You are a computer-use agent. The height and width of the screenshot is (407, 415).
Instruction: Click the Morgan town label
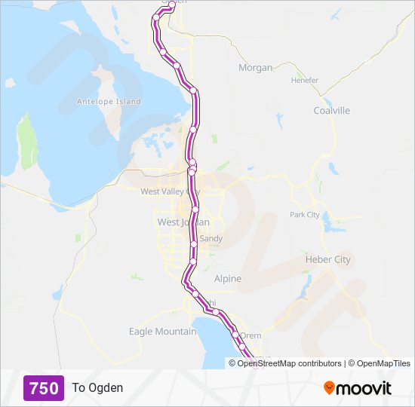[x=255, y=68]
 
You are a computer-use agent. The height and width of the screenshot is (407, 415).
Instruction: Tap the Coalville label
[x=332, y=111]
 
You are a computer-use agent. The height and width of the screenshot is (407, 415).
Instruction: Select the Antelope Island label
[x=109, y=101]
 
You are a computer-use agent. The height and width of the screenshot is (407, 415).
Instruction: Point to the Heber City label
[x=327, y=259]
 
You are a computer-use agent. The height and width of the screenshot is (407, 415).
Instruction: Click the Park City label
[x=305, y=215]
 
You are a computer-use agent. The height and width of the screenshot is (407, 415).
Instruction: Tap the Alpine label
[x=228, y=279]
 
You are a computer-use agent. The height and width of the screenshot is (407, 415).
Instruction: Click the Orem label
[x=251, y=336]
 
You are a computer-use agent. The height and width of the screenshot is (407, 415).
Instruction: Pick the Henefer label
[x=306, y=81]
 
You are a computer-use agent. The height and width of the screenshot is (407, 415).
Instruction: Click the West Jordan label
[x=178, y=222]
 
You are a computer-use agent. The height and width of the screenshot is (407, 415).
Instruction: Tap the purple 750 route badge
[x=43, y=388]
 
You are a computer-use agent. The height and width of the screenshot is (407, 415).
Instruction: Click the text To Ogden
[x=97, y=388]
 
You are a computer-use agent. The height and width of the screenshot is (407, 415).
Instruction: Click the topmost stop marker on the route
[x=172, y=5]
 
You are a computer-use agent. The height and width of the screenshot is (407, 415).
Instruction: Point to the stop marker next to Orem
[x=235, y=335]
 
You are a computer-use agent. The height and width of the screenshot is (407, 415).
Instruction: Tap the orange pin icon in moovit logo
[x=329, y=388]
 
